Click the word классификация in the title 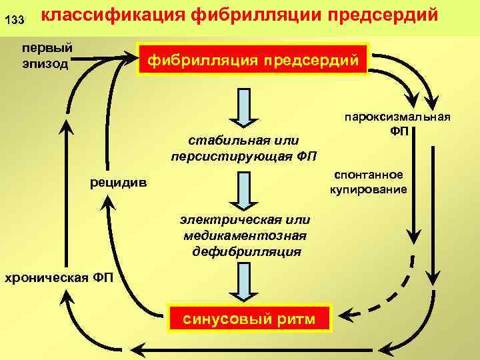pyautogui.click(x=114, y=15)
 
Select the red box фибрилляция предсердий pyautogui.click(x=252, y=61)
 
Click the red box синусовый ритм pyautogui.click(x=250, y=319)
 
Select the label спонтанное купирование pyautogui.click(x=368, y=181)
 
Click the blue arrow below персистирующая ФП pyautogui.click(x=244, y=191)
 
